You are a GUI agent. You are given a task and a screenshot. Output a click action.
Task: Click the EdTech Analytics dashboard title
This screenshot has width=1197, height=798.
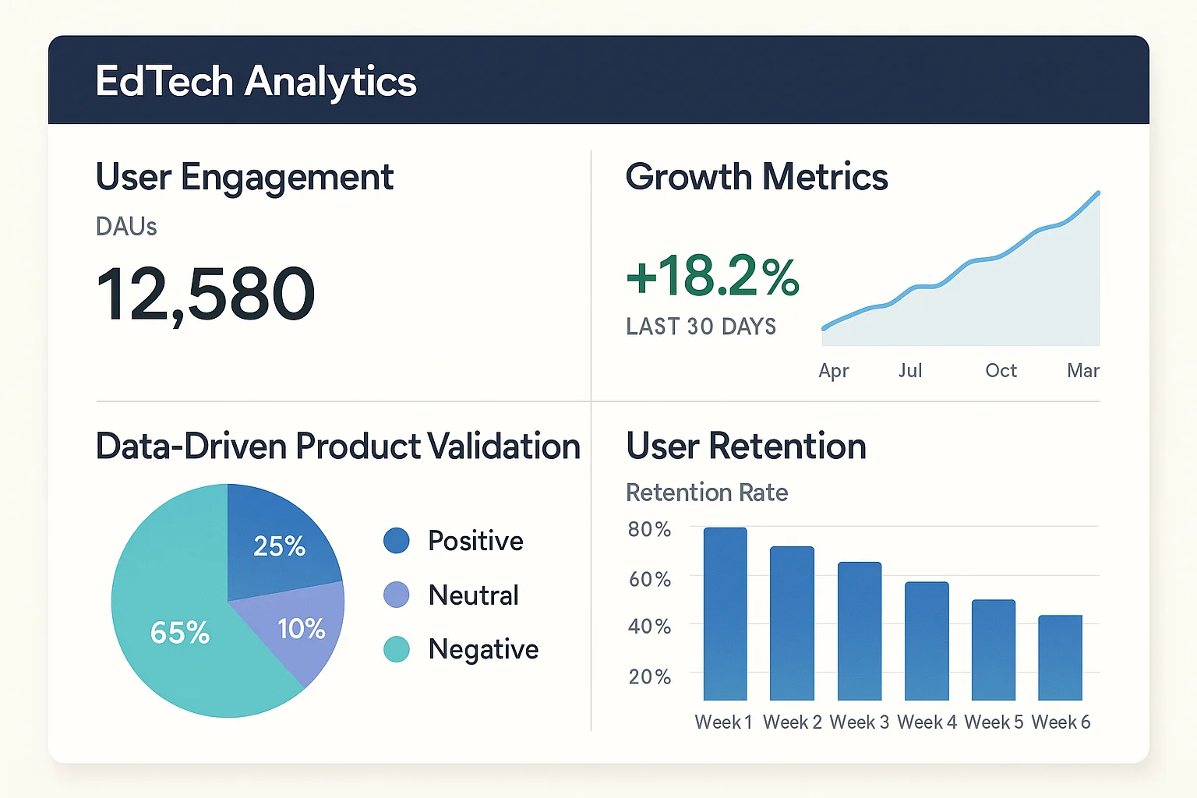[256, 82]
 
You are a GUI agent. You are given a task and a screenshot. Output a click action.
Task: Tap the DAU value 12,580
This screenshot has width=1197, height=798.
[206, 295]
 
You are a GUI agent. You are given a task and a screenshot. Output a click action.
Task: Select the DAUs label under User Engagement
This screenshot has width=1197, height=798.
[126, 227]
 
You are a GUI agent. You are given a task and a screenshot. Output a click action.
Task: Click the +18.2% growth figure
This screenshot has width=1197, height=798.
[712, 277]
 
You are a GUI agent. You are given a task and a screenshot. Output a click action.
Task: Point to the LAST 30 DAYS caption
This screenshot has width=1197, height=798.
[701, 327]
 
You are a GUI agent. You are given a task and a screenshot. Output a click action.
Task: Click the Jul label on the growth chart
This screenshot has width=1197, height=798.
[910, 370]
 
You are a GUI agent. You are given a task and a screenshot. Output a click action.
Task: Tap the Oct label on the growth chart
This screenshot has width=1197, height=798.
[1001, 370]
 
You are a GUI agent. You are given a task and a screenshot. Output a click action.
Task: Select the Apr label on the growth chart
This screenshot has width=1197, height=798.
[833, 370]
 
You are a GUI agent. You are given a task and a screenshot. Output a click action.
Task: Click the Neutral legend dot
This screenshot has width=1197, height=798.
[397, 595]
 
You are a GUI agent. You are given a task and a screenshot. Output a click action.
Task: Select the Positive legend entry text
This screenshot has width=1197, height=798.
[475, 541]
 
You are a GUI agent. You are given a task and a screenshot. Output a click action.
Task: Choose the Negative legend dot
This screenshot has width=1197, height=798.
[397, 649]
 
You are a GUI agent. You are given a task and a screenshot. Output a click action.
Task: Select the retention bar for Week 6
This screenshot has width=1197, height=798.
[1060, 658]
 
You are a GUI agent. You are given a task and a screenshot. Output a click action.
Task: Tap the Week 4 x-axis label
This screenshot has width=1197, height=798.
[927, 722]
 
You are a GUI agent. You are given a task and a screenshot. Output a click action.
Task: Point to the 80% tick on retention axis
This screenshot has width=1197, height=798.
[649, 530]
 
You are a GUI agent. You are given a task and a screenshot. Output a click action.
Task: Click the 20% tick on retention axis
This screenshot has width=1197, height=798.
[649, 676]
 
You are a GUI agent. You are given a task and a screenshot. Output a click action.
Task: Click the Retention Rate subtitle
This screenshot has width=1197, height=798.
[707, 493]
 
